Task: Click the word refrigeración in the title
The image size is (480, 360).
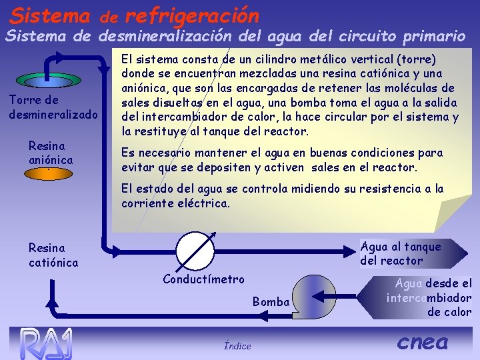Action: (x=191, y=13)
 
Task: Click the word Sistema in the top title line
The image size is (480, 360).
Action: (x=51, y=13)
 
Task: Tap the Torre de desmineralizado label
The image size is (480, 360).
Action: (x=53, y=107)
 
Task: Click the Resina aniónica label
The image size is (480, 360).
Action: (x=51, y=153)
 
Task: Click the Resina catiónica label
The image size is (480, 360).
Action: (x=53, y=255)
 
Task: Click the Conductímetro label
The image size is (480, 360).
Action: (x=203, y=279)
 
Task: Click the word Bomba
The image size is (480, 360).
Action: (x=271, y=302)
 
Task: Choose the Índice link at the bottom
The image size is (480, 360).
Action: (x=237, y=345)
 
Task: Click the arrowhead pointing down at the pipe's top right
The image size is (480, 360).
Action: (x=103, y=67)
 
